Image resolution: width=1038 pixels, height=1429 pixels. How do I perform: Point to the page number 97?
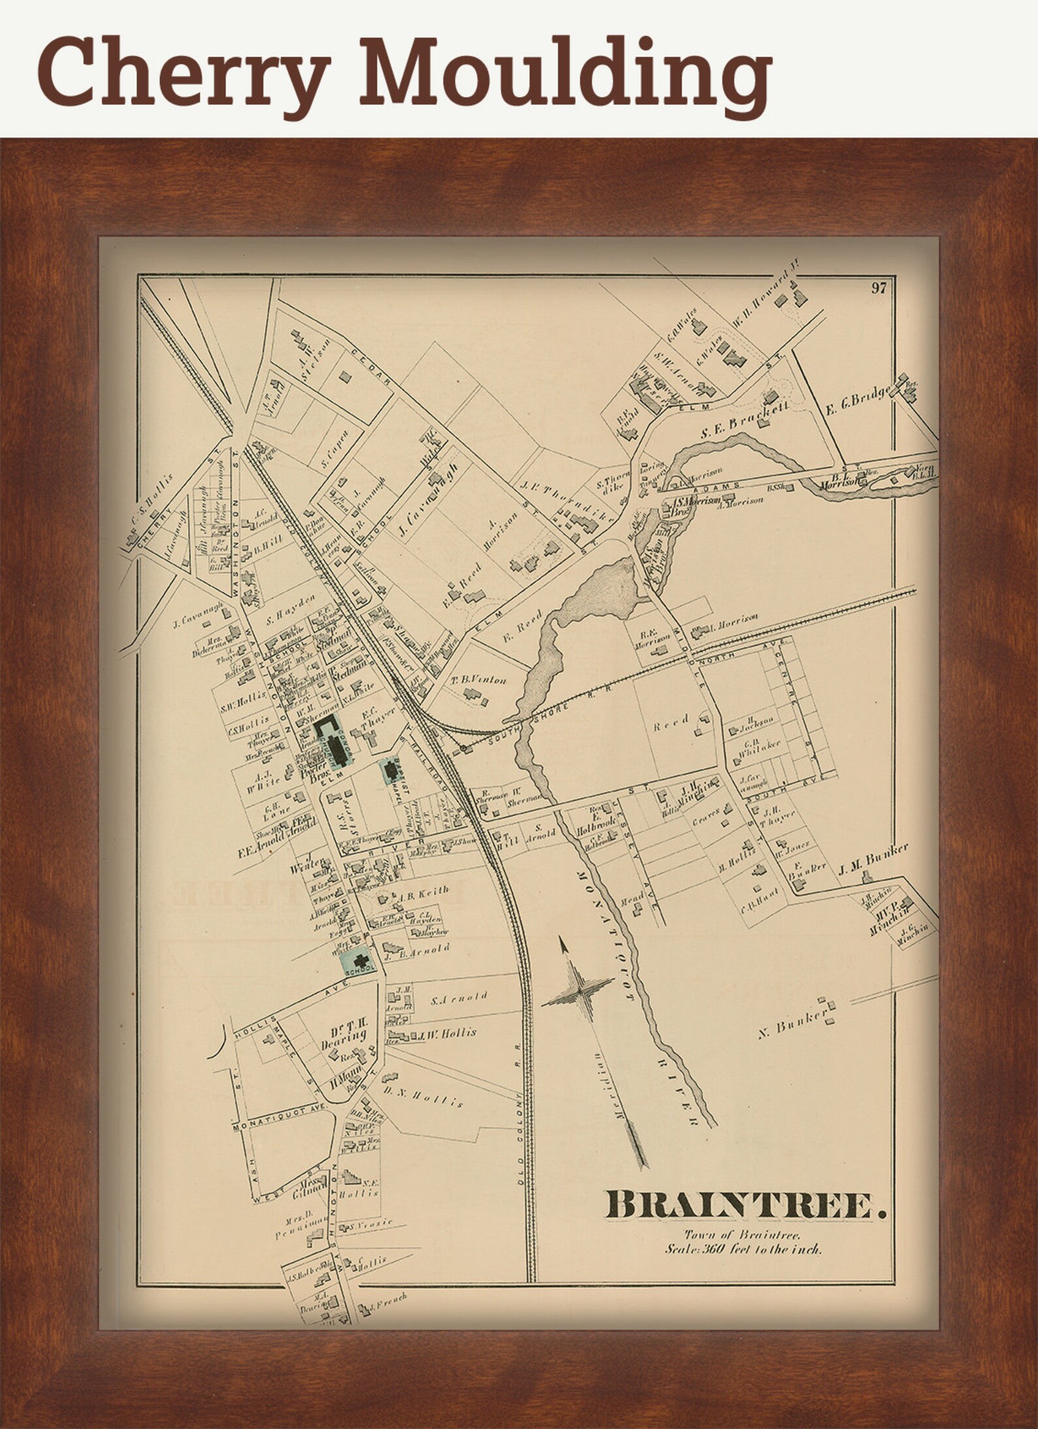[879, 288]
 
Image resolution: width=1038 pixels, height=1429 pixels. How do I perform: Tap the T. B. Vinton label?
[478, 680]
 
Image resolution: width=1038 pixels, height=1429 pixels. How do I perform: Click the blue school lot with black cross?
[358, 958]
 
